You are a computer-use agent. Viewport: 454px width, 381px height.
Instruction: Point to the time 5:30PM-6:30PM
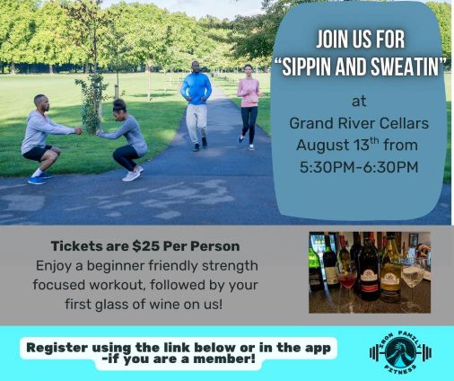pos(359,167)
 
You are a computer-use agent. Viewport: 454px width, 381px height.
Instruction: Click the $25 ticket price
pos(146,246)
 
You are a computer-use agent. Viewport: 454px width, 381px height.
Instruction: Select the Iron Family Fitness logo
pos(400,352)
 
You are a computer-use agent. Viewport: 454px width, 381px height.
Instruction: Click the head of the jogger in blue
pos(196,67)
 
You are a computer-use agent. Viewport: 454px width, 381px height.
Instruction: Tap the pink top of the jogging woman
pos(249,93)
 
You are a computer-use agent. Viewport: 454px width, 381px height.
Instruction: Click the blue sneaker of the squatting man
pos(37,181)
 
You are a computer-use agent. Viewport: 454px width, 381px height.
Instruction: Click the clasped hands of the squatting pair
pos(89,131)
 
